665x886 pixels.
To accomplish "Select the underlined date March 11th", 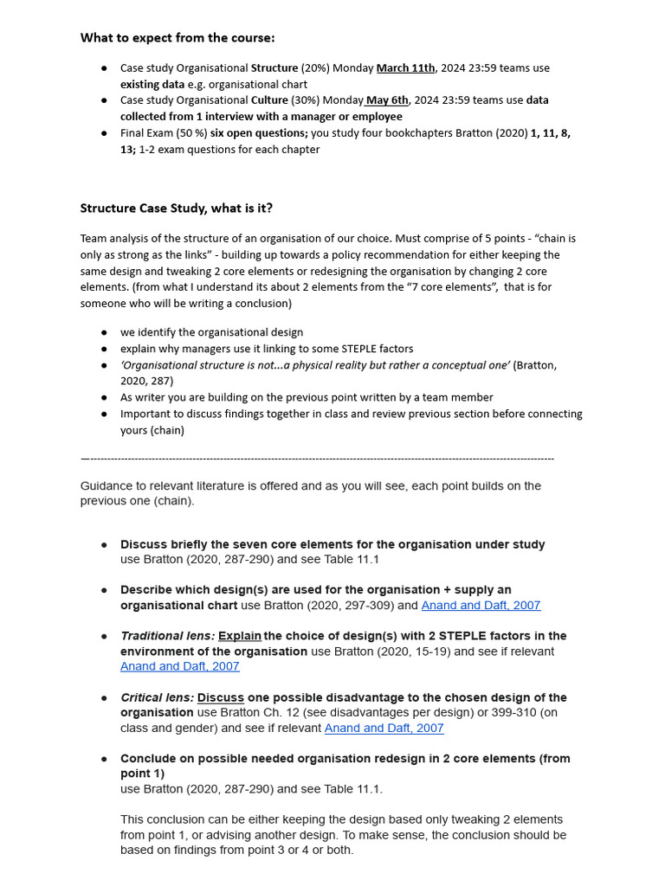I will (x=405, y=68).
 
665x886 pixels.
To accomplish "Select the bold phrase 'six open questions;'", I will (x=259, y=133).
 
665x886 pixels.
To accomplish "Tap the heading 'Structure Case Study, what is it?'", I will (x=177, y=209).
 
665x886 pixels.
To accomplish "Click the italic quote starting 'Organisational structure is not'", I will (x=315, y=365).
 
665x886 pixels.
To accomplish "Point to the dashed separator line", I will (x=317, y=459).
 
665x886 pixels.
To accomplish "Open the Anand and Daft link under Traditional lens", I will (x=179, y=666).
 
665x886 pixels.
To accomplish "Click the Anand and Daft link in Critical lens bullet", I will (x=384, y=729).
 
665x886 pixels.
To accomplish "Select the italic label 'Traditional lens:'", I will (x=167, y=636).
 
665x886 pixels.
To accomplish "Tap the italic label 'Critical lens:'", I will (x=157, y=697).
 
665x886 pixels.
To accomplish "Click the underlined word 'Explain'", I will (x=240, y=636).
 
